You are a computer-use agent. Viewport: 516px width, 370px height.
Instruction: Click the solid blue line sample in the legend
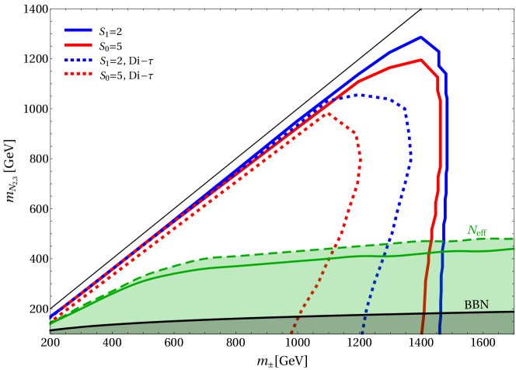click(78, 30)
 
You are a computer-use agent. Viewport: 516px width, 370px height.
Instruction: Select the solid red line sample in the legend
click(78, 45)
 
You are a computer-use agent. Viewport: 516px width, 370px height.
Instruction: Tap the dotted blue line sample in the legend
click(78, 60)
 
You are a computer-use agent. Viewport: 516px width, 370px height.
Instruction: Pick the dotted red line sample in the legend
click(78, 74)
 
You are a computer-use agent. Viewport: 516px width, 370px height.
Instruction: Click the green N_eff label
click(476, 231)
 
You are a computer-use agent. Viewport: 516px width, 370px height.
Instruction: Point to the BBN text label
click(476, 305)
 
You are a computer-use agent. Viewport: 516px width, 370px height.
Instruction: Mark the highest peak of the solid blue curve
click(420, 37)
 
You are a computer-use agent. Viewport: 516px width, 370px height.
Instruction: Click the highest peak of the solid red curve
click(420, 60)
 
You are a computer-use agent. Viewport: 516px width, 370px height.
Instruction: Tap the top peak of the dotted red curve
click(328, 113)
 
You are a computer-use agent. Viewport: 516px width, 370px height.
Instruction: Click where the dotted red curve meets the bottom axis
click(292, 333)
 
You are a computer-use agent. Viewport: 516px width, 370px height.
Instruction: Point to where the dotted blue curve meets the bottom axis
click(361, 333)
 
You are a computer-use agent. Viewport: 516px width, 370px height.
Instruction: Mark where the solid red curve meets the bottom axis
click(423, 333)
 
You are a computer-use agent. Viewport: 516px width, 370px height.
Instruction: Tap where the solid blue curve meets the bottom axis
click(439, 333)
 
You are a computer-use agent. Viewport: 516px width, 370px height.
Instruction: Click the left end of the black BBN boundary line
click(51, 330)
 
